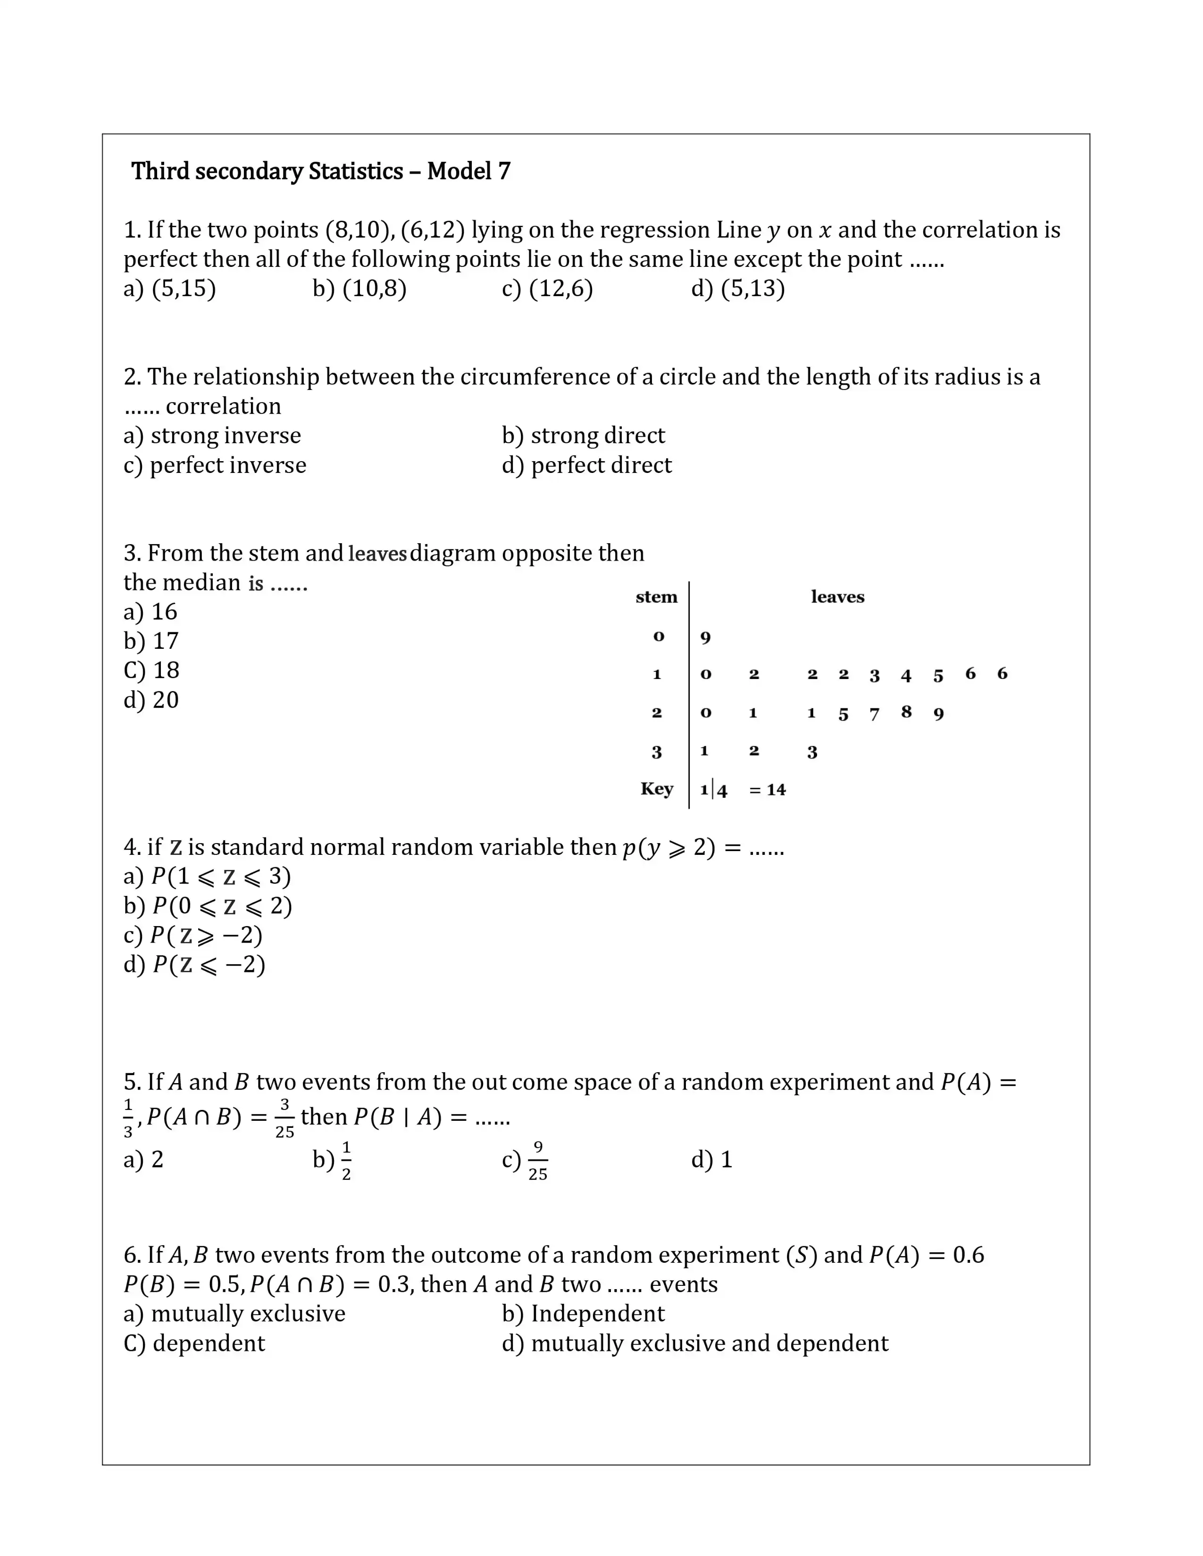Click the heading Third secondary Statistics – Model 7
(321, 171)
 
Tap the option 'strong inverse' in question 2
(212, 435)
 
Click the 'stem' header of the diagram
(656, 597)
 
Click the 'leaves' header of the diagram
(837, 597)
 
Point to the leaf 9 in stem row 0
(706, 637)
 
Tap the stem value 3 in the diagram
(656, 752)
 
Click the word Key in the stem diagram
(656, 789)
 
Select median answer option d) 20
(151, 700)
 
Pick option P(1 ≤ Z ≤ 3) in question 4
(208, 877)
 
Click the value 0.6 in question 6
(968, 1255)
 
